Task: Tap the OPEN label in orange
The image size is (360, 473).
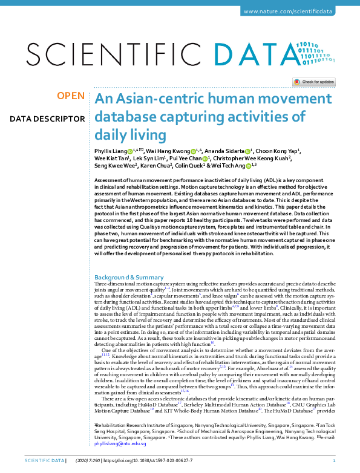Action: (70, 96)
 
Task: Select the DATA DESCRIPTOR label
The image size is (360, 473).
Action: (47, 118)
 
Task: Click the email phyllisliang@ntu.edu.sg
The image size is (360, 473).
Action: (120, 443)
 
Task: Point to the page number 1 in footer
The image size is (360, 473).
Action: (342, 462)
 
